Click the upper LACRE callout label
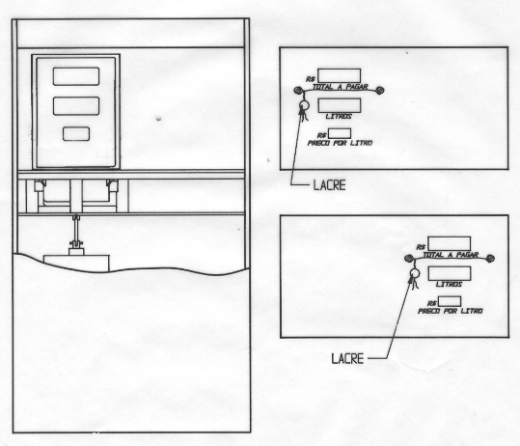coord(329,185)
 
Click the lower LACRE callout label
coord(347,359)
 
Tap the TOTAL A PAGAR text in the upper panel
coord(341,87)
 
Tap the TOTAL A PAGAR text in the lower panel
coord(451,255)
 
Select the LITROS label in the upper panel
coord(339,116)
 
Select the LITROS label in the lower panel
coord(449,285)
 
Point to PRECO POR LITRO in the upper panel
coord(340,143)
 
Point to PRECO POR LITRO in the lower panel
coord(450,311)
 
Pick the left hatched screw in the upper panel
coord(298,90)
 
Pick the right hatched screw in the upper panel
coord(380,90)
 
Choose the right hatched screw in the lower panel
coord(490,258)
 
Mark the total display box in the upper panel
coord(340,75)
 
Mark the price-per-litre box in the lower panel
coord(450,301)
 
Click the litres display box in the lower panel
coord(450,273)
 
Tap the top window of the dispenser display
coord(76,76)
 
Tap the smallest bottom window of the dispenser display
coord(76,134)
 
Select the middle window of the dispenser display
coord(76,106)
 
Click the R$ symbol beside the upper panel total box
coord(311,79)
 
